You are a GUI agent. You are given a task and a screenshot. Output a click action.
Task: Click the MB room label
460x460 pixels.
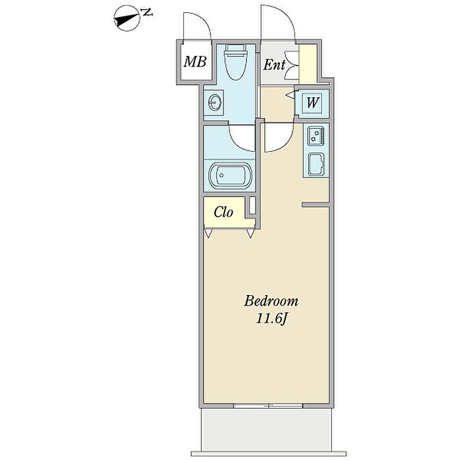[195, 62]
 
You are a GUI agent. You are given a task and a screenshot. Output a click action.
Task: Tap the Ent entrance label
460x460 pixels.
[275, 64]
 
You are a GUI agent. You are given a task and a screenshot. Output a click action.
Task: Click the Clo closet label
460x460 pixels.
[224, 212]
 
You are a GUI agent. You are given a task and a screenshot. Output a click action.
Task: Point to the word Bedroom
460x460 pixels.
[271, 302]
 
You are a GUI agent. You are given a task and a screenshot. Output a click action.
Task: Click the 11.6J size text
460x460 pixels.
[271, 319]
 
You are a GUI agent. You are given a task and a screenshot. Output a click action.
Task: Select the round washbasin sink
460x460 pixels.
[216, 103]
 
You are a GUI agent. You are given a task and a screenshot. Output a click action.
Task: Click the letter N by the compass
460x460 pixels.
[148, 12]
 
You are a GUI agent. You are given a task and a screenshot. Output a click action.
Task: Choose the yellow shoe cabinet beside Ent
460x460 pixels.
[308, 64]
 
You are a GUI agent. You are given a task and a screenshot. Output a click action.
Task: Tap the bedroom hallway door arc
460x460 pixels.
[278, 138]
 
